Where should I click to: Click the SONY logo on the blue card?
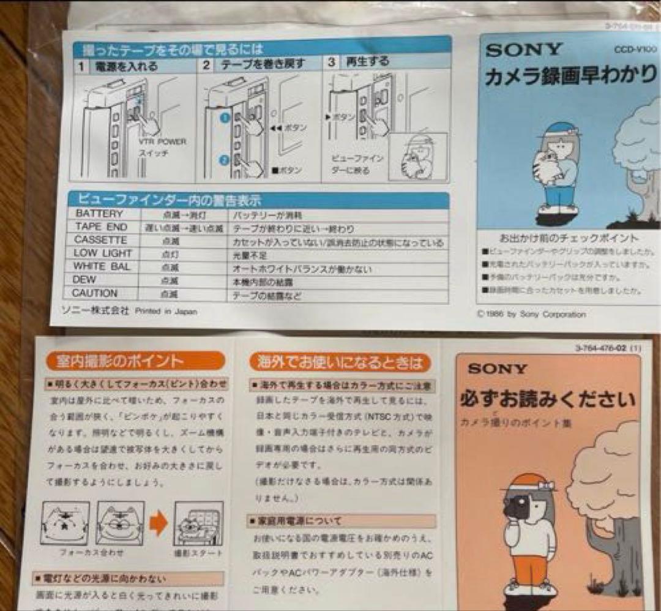click(x=524, y=50)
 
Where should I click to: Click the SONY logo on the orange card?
click(x=497, y=369)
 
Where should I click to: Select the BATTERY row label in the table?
click(x=99, y=214)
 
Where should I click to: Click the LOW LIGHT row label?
click(x=103, y=253)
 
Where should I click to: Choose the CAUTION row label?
click(x=95, y=294)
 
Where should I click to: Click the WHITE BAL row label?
click(x=102, y=267)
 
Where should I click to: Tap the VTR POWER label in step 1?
click(x=163, y=142)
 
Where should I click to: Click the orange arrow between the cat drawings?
click(x=159, y=524)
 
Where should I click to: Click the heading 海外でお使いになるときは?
click(x=337, y=362)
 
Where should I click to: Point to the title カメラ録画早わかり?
click(x=572, y=78)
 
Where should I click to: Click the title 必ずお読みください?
click(x=548, y=400)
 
